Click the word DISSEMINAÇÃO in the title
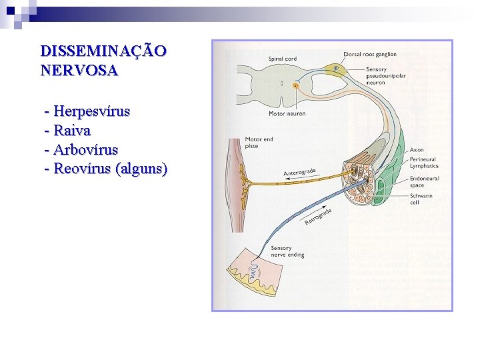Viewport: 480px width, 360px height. pos(103,51)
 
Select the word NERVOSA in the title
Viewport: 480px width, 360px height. pos(79,70)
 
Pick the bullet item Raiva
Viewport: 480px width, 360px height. pos(72,130)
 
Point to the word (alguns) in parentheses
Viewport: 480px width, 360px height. pos(141,168)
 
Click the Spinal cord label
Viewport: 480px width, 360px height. pos(282,59)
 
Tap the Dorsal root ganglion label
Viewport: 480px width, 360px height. pos(370,54)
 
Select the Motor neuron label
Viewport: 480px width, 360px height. pos(287,114)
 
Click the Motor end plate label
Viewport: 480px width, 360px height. pos(259,143)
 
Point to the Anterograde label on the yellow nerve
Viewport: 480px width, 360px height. pos(299,172)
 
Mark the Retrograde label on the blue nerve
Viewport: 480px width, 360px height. pos(318,216)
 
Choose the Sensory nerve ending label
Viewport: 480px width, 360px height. pos(287,251)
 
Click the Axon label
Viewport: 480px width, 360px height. pos(416,150)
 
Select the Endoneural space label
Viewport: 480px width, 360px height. pos(424,182)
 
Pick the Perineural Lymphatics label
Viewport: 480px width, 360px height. pos(424,163)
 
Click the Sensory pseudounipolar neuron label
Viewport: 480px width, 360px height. pos(385,76)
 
